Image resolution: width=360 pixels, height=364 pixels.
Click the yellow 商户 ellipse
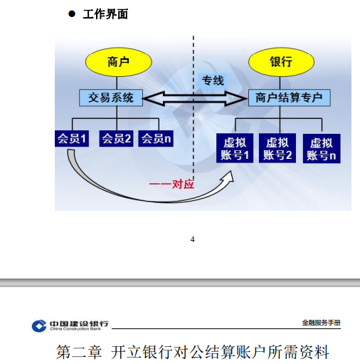118,62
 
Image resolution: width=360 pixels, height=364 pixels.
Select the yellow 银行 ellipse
281,62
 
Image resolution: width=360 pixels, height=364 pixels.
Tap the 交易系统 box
111,98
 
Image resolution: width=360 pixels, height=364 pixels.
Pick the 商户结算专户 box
290,98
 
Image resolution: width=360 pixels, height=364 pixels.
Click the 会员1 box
72,138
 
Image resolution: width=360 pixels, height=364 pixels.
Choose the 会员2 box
116,138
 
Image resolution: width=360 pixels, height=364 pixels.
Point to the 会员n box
156,138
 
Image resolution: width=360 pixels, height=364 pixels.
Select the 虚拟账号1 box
235,148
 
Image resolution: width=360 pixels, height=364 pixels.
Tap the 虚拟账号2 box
277,148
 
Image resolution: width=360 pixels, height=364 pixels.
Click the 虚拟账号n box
322,149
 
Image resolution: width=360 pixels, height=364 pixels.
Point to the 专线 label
213,80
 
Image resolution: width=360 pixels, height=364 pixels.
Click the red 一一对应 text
171,184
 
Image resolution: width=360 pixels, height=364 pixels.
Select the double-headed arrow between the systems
194,98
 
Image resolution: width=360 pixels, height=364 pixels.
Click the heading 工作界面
105,14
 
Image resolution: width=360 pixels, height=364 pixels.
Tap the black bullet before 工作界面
72,14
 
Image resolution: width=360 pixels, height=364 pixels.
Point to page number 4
192,239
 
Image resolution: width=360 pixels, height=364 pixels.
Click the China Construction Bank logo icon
39,326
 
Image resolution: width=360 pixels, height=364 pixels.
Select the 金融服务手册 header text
321,323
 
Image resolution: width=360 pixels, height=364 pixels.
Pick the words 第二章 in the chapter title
79,352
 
